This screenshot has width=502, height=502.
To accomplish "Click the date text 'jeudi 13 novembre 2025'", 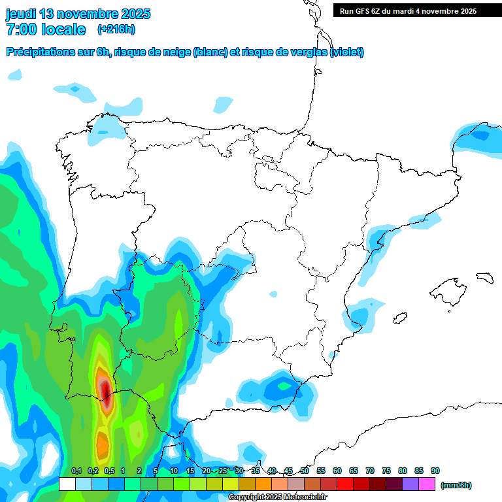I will [78, 14].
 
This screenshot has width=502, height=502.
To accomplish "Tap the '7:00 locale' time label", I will [46, 29].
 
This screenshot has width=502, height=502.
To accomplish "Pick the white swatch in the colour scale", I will [67, 484].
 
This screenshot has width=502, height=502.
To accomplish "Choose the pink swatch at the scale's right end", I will [427, 484].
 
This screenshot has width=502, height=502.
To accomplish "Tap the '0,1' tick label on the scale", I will [76, 471].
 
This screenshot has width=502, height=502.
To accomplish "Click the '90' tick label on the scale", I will [435, 471].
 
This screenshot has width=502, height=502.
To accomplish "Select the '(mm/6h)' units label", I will [456, 485].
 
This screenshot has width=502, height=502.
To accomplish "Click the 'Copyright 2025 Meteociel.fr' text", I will [277, 497].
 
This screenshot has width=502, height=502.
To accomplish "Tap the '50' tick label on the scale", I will [305, 471].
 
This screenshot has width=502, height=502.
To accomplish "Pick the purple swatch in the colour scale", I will [410, 484].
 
